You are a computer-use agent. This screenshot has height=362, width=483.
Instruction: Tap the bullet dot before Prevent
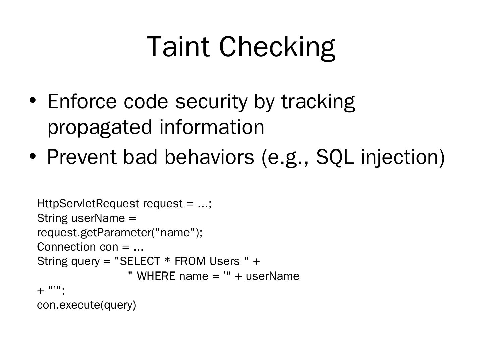click(33, 156)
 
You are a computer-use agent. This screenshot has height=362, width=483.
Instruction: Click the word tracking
click(318, 102)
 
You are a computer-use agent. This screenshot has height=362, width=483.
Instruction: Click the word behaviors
click(209, 157)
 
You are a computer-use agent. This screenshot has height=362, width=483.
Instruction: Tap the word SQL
click(334, 157)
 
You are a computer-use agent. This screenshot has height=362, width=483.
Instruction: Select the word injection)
click(402, 157)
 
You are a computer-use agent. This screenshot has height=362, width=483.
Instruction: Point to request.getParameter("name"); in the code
click(120, 232)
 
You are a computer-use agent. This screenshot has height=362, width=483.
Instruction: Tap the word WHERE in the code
click(156, 276)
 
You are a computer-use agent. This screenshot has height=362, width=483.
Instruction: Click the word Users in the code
click(224, 261)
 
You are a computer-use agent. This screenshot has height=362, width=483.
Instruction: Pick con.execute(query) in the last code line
click(86, 305)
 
